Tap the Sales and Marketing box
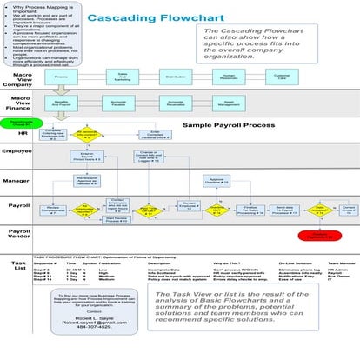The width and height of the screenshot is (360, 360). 123,77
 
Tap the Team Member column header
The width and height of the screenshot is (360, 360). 337,263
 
